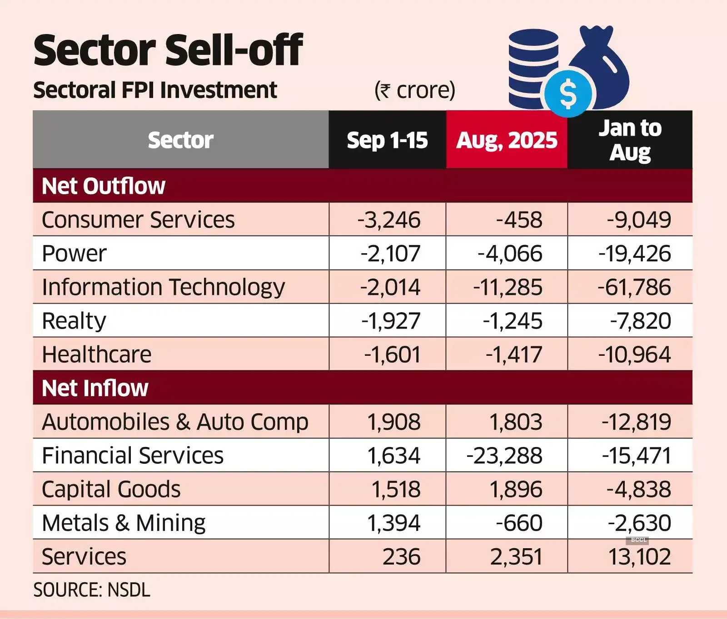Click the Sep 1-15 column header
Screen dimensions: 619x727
[x=387, y=140]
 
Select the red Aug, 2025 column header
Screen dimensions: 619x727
[x=507, y=140]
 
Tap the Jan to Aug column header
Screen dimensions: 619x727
[x=630, y=140]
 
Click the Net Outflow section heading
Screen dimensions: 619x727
[x=104, y=186]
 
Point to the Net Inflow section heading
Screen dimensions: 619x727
[x=95, y=388]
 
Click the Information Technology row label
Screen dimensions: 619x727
[x=163, y=287]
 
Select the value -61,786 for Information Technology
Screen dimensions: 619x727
[x=634, y=287]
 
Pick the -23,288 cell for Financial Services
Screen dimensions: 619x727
[x=504, y=455]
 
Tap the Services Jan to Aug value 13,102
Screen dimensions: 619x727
[x=639, y=556]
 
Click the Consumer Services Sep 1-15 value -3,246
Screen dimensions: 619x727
[x=389, y=220]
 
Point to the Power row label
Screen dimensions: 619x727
[x=74, y=253]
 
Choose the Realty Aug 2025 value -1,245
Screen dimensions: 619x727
[x=513, y=321]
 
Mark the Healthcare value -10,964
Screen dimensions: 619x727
[x=634, y=354]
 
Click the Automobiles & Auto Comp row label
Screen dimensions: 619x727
[x=175, y=422]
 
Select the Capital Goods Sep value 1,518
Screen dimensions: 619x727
[x=396, y=489]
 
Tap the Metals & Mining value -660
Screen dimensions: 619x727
[x=519, y=523]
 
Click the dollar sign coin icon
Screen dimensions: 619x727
[x=568, y=93]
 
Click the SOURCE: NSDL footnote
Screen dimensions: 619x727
[x=91, y=590]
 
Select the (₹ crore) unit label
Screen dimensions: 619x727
[x=414, y=90]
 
